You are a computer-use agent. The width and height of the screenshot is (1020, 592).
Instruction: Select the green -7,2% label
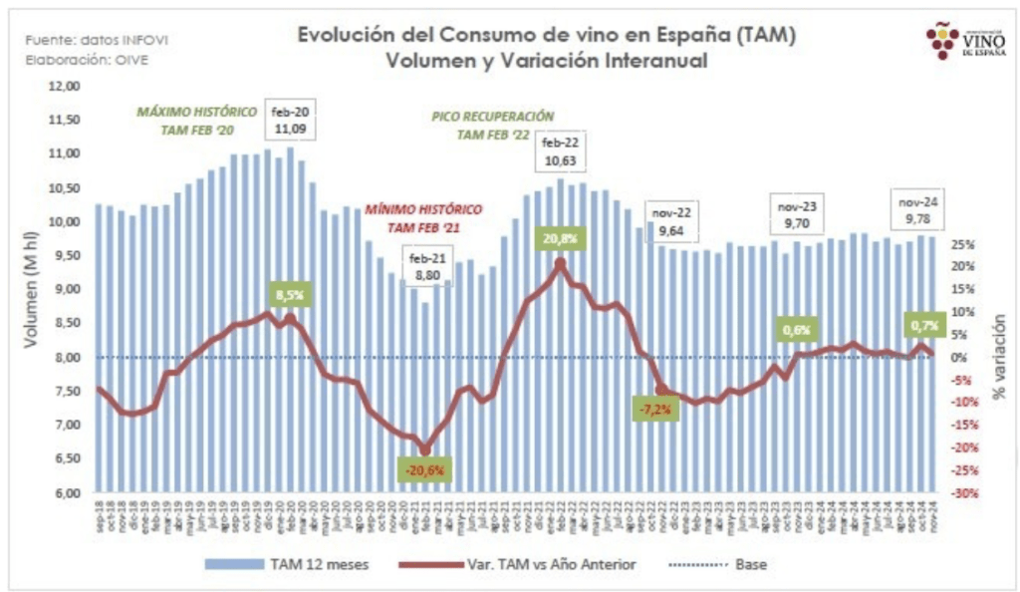(656, 409)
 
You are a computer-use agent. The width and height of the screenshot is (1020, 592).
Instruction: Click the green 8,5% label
(288, 295)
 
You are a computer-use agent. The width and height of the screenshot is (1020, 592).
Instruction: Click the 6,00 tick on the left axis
(66, 492)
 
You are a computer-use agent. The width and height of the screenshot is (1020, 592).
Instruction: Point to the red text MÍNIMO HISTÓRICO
(422, 211)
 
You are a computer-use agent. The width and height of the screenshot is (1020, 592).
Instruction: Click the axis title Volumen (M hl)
(31, 289)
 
